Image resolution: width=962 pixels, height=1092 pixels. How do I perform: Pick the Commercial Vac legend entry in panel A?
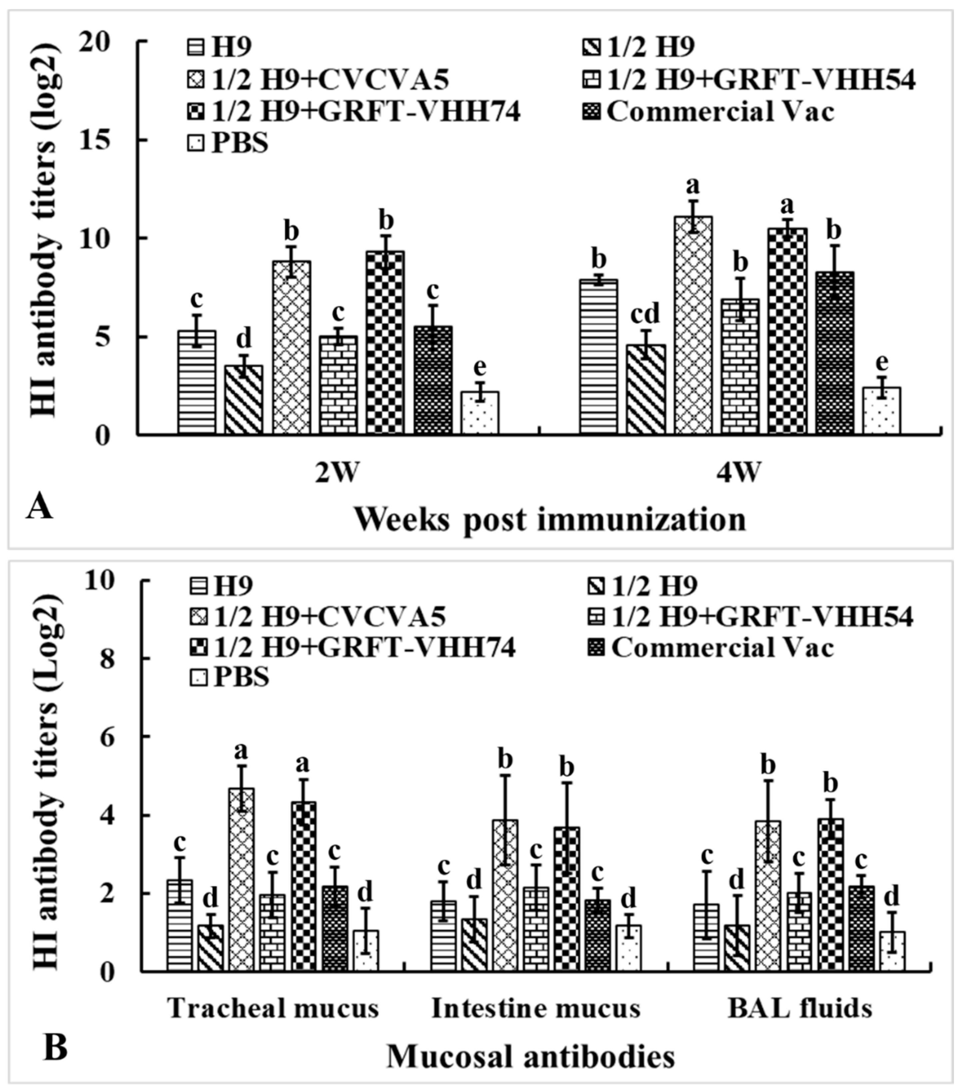click(x=719, y=113)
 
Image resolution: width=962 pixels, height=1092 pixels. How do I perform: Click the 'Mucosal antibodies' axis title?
click(x=530, y=1057)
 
